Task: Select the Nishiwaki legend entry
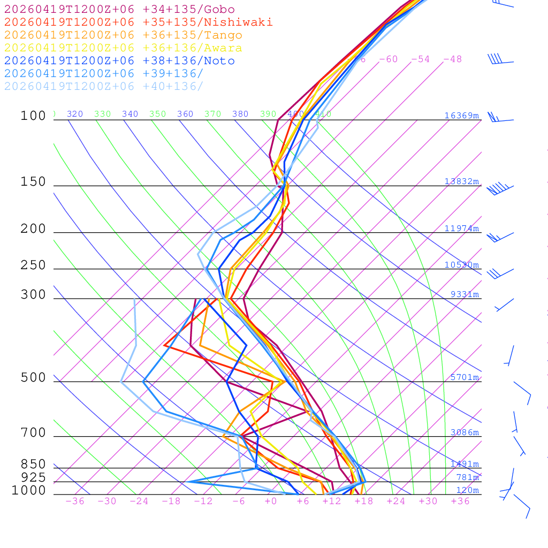click(x=138, y=22)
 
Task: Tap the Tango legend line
click(x=123, y=35)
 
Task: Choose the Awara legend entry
click(x=123, y=48)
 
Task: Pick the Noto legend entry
click(x=119, y=61)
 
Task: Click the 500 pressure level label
click(x=33, y=378)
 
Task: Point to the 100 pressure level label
click(x=33, y=116)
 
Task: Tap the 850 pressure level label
click(x=33, y=465)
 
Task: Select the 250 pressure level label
click(x=33, y=265)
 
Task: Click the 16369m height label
click(x=462, y=116)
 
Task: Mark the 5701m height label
click(x=465, y=377)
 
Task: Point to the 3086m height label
click(x=465, y=432)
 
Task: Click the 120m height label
click(x=468, y=490)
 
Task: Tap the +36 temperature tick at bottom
click(x=460, y=501)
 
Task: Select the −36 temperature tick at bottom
click(x=75, y=501)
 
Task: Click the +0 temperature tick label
click(x=271, y=501)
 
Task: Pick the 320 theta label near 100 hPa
click(x=75, y=114)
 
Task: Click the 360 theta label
click(x=185, y=114)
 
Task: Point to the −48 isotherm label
click(x=452, y=59)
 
